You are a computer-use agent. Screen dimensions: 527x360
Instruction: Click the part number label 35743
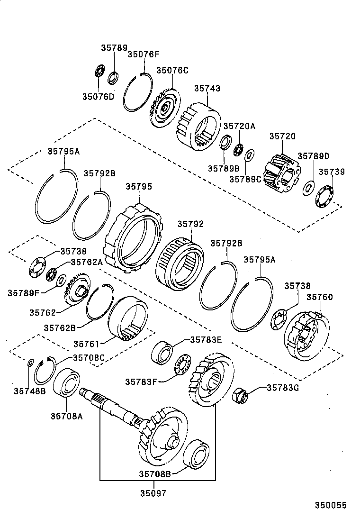[x=207, y=88]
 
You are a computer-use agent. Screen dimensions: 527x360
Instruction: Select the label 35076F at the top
[x=144, y=54]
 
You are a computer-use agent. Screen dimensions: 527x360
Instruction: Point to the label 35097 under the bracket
[x=153, y=493]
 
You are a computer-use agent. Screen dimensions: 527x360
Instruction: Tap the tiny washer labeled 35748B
[x=29, y=363]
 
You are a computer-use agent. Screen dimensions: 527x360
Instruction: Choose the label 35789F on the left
[x=23, y=293]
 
